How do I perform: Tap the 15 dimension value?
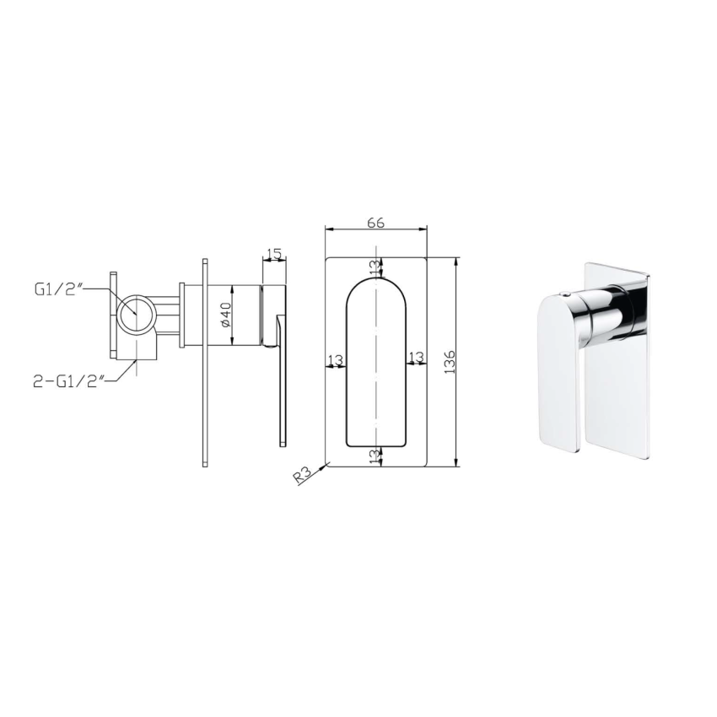[x=272, y=254]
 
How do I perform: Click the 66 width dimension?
[x=375, y=223]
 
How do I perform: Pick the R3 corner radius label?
[x=304, y=475]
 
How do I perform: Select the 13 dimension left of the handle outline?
[x=336, y=360]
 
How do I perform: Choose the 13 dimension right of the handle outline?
[x=415, y=360]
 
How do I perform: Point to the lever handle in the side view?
[x=279, y=380]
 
